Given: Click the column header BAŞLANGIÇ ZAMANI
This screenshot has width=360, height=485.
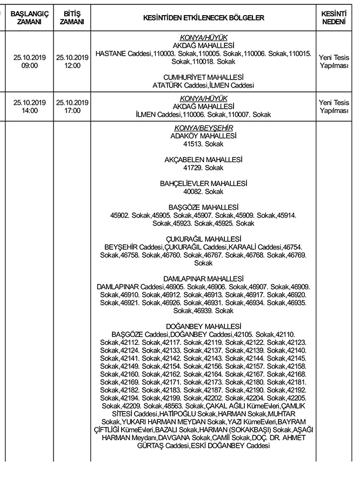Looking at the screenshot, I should point(30,18).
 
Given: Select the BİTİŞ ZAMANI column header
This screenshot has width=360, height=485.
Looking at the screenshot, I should point(72,18).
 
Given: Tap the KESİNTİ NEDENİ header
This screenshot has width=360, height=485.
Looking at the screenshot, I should point(334,18).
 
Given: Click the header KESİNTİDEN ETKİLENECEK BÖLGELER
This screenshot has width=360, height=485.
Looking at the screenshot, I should point(203,18).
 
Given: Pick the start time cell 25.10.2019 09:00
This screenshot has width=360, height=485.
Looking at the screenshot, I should point(30,62).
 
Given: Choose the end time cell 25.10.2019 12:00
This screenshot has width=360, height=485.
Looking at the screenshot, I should point(72,62).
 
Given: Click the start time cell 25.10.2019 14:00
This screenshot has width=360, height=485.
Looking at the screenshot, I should point(30,107).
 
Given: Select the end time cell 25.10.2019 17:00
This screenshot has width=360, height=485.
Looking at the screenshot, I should point(72,107).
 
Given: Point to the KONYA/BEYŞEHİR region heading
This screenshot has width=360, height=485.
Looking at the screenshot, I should point(203,128).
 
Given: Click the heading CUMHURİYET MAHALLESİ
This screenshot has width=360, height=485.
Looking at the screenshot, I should point(203,77).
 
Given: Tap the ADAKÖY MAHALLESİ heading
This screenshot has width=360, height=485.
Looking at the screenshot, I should point(203,136).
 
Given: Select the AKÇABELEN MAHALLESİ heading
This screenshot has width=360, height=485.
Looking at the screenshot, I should point(203,160).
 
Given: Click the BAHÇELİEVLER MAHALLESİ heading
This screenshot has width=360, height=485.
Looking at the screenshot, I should point(203,184).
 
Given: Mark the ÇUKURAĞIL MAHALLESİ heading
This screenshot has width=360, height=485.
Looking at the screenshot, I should point(203,240).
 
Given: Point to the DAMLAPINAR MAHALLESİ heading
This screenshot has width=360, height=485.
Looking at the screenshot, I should point(203,279).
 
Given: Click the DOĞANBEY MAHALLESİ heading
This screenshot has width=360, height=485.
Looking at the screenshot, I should point(203,327).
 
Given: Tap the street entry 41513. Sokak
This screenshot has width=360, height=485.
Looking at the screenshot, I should point(203,144).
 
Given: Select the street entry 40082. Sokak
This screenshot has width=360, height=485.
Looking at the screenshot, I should point(203,192).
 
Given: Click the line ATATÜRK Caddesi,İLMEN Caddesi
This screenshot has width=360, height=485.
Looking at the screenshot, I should point(203,85).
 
